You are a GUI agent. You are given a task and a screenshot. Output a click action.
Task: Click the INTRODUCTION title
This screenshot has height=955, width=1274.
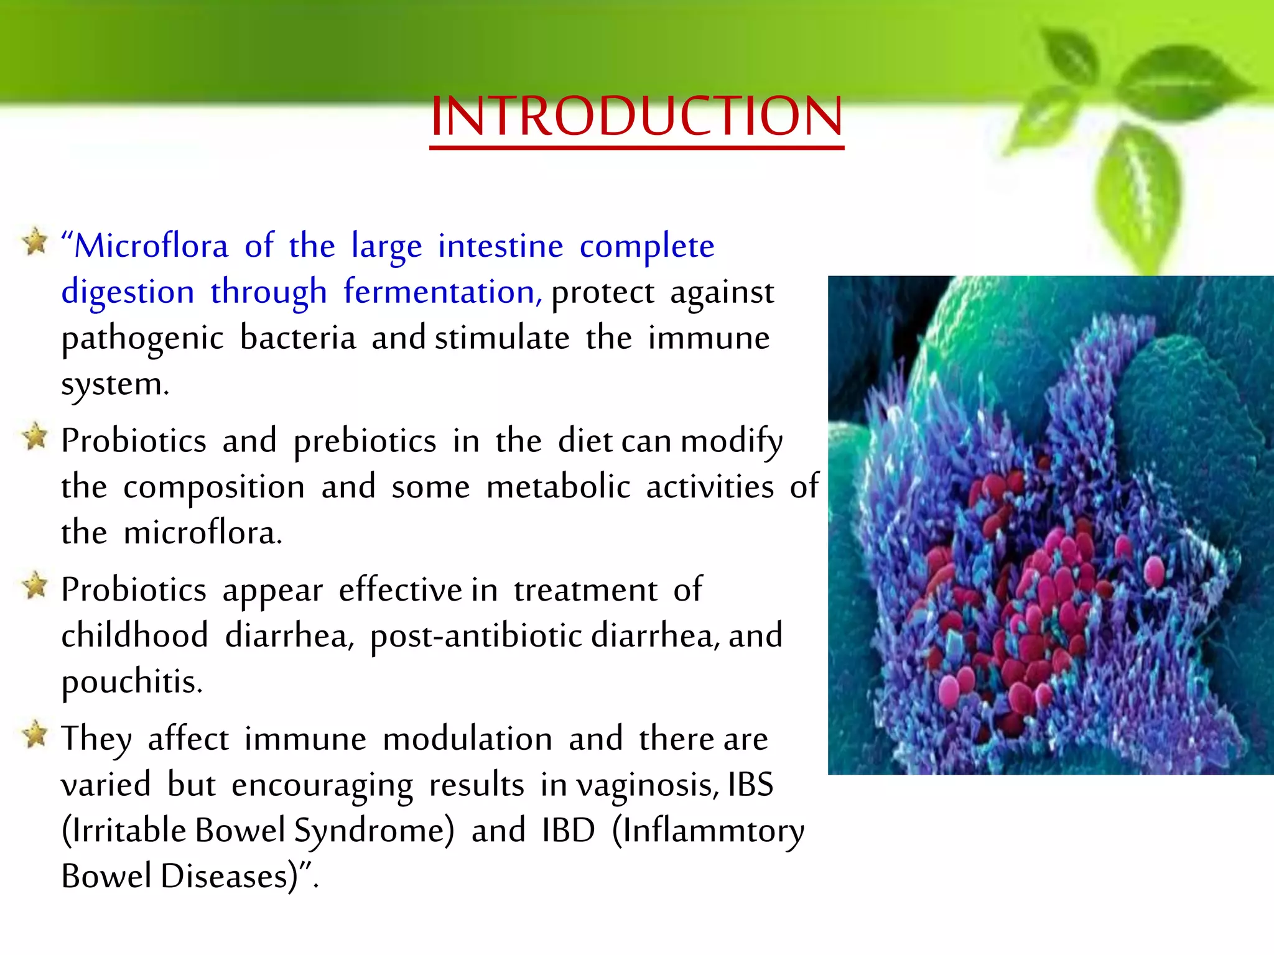pyautogui.click(x=636, y=116)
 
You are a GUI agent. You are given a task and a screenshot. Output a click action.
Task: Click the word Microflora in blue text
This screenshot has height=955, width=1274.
pyautogui.click(x=151, y=246)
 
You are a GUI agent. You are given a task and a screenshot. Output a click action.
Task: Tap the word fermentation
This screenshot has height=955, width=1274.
pyautogui.click(x=442, y=292)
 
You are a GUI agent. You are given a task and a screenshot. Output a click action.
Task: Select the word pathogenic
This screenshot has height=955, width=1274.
pyautogui.click(x=142, y=339)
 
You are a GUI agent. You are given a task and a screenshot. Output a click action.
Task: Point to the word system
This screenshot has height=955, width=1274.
pyautogui.click(x=114, y=384)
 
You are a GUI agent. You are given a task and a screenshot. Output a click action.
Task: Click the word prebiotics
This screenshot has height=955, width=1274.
pyautogui.click(x=365, y=442)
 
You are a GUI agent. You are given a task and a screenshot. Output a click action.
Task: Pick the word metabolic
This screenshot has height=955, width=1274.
pyautogui.click(x=558, y=487)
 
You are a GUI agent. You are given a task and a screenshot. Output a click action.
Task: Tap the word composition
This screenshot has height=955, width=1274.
pyautogui.click(x=214, y=488)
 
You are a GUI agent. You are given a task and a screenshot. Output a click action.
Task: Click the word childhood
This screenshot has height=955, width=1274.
pyautogui.click(x=134, y=636)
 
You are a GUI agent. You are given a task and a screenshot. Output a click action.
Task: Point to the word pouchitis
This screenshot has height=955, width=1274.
pyautogui.click(x=131, y=682)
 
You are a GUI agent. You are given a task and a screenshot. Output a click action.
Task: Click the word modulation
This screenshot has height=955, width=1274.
pyautogui.click(x=467, y=739)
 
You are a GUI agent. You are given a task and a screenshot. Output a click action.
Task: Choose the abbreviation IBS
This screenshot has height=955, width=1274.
pyautogui.click(x=750, y=785)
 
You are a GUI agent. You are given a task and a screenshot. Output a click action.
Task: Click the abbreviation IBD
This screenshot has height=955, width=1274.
pyautogui.click(x=568, y=831)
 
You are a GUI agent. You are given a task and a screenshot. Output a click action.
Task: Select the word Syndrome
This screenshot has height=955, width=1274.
pyautogui.click(x=374, y=832)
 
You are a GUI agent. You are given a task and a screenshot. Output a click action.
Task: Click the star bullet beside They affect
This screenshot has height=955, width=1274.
pyautogui.click(x=35, y=735)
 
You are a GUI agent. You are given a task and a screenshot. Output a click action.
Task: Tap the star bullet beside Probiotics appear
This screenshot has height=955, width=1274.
pyautogui.click(x=35, y=586)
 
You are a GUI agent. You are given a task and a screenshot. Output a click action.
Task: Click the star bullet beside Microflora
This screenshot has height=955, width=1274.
pyautogui.click(x=35, y=241)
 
